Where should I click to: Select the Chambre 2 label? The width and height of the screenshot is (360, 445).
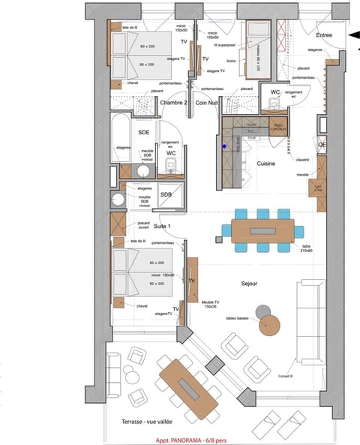pos(173,103)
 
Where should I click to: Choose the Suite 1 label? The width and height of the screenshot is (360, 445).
pos(142,225)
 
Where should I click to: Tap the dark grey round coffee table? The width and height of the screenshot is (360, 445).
pos(262,311)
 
